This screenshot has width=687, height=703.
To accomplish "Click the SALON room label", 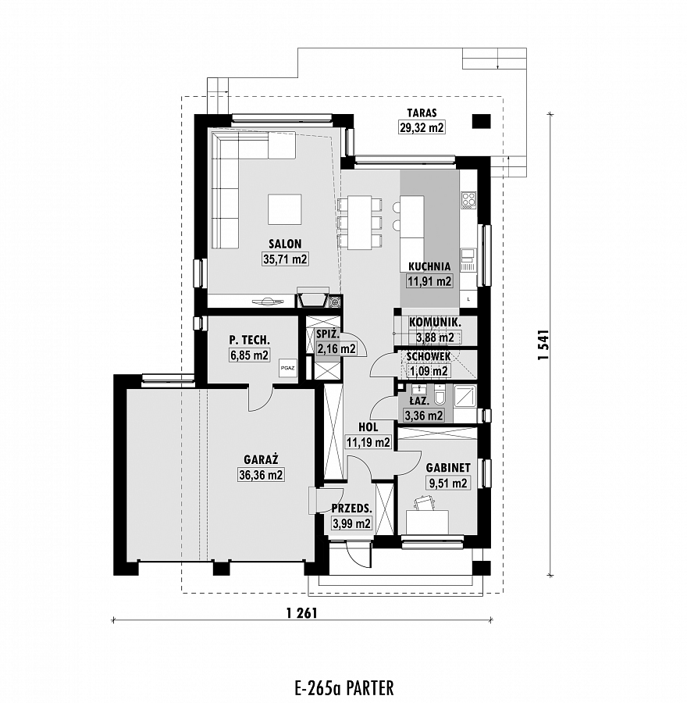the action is click(285, 244).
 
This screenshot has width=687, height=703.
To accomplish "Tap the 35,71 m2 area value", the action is click(285, 259).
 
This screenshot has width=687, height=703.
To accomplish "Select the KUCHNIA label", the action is click(429, 266).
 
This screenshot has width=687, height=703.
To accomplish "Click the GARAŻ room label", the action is click(261, 459).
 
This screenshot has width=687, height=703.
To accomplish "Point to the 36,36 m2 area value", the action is click(261, 475).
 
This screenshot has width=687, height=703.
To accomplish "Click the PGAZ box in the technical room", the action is click(287, 368).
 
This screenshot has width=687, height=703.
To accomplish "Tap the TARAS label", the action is click(422, 113).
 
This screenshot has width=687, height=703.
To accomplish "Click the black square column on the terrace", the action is click(481, 120).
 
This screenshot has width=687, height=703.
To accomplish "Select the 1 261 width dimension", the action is click(301, 613).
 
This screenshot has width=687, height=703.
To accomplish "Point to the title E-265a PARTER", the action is click(344, 687).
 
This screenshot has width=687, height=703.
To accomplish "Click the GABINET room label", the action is click(448, 468).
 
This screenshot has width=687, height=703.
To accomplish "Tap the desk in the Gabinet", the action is click(427, 522).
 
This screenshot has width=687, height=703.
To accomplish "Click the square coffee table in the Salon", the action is click(285, 209).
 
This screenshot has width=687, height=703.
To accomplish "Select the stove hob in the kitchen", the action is click(468, 200).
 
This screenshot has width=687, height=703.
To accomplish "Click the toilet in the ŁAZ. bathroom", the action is click(440, 394).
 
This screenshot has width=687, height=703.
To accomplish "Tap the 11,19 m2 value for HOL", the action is click(368, 443).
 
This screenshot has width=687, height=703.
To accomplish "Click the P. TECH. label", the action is click(249, 341).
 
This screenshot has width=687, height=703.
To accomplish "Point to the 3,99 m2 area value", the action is click(351, 523).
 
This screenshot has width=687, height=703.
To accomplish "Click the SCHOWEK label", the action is click(429, 356).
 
